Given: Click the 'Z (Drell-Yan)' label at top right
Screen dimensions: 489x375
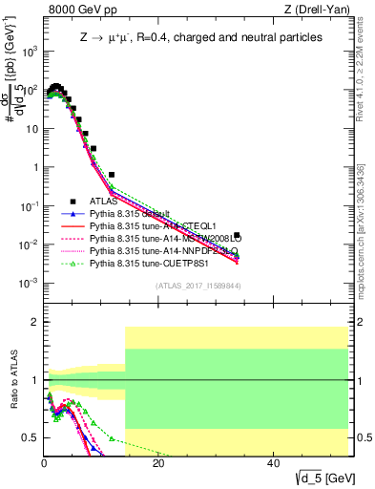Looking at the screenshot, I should (x=314, y=10).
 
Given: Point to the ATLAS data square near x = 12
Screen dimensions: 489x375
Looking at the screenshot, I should (x=112, y=175).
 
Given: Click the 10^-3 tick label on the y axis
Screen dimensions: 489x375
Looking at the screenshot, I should (x=29, y=283).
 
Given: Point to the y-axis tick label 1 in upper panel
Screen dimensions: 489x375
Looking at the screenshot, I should (x=34, y=167).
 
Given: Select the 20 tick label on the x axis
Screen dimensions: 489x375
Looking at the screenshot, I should (x=158, y=463).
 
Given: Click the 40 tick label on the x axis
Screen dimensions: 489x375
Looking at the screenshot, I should (x=273, y=463).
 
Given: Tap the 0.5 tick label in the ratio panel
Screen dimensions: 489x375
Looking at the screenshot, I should (x=28, y=437).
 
